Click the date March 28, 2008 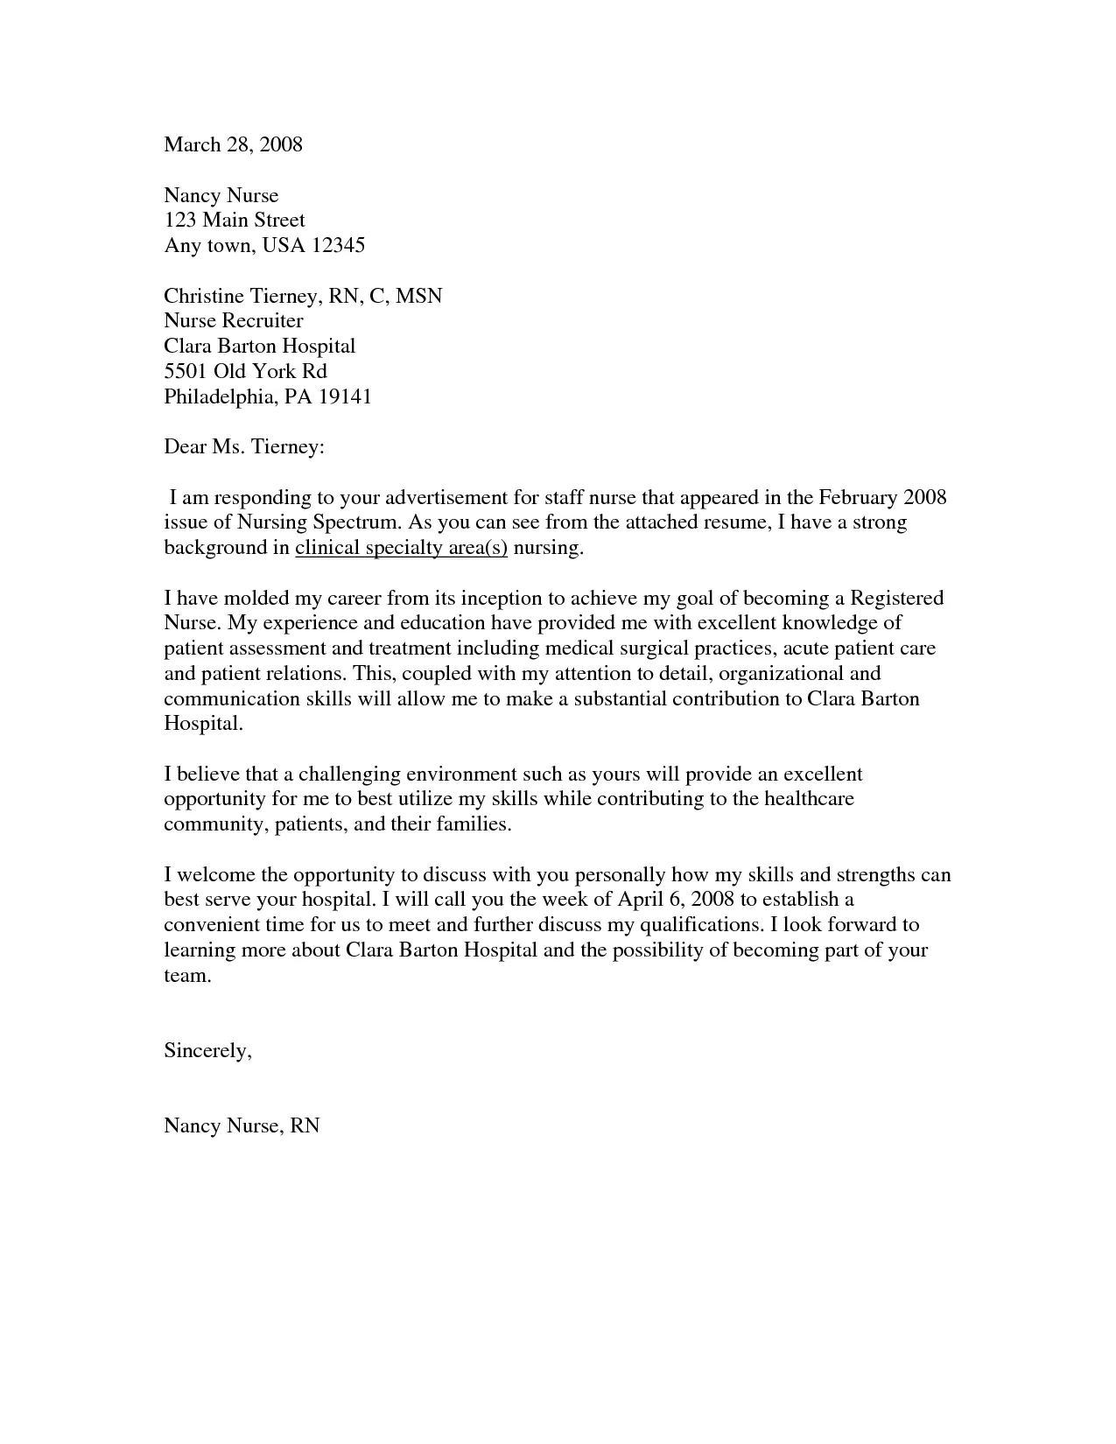tap(233, 144)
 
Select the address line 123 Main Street tap(235, 220)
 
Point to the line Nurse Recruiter tap(234, 320)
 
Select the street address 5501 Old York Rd tap(245, 371)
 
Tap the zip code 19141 tap(344, 396)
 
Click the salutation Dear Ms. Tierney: tap(244, 447)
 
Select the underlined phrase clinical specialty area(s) tap(401, 549)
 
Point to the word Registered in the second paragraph tap(897, 599)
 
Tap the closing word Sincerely tap(207, 1051)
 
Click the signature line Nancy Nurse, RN tap(242, 1125)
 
